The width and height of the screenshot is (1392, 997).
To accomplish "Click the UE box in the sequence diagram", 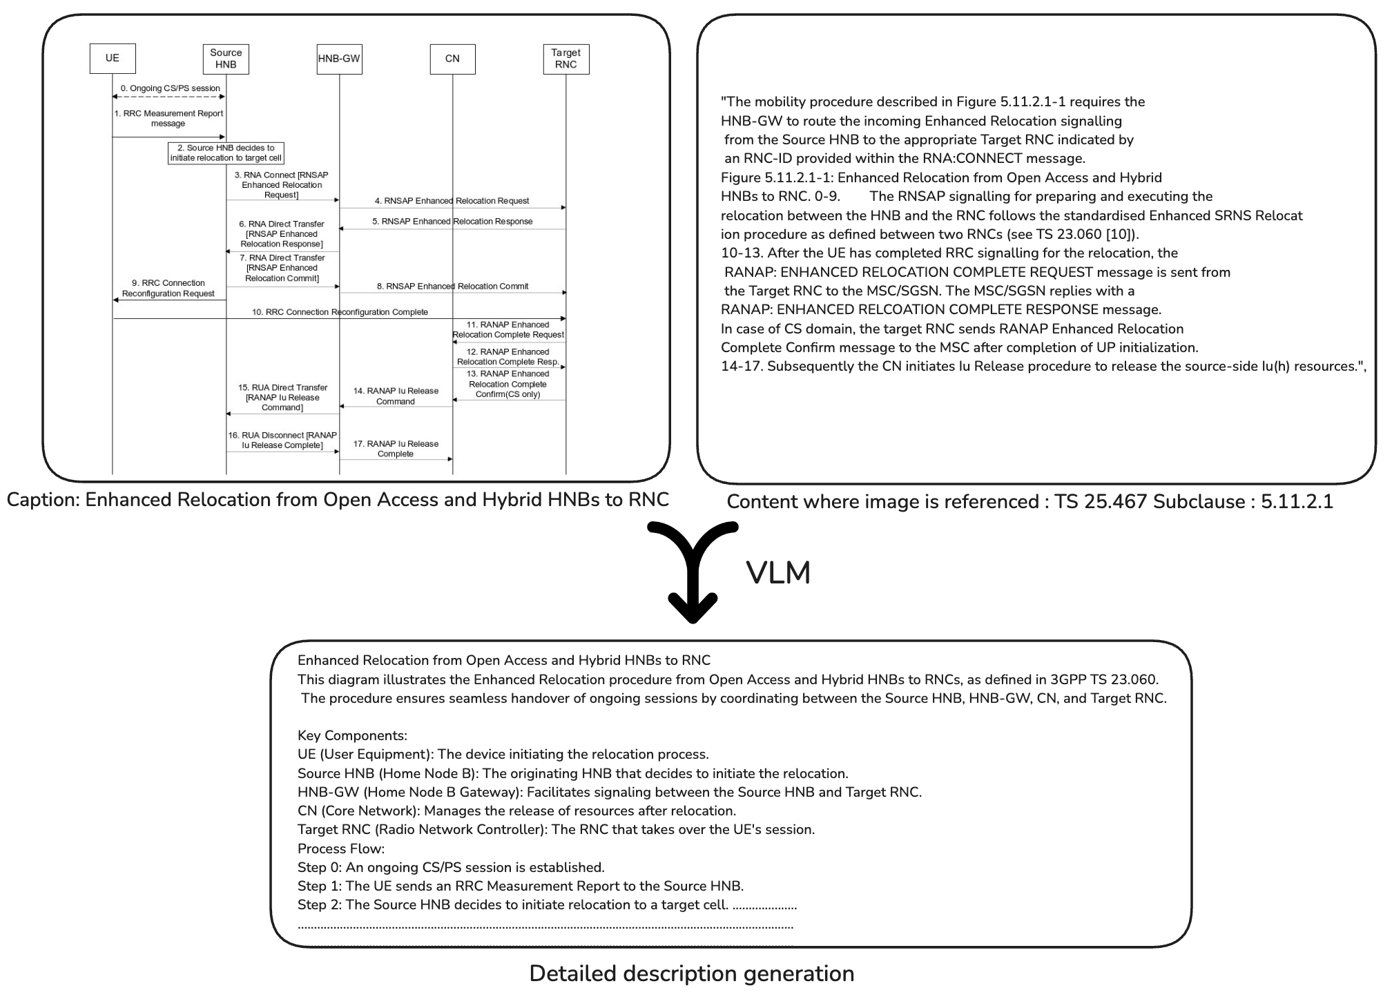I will [113, 59].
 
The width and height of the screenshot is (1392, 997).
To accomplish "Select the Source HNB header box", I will [226, 59].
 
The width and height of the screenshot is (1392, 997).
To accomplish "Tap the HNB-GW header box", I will [339, 59].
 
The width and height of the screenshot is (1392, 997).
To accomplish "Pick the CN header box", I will [452, 59].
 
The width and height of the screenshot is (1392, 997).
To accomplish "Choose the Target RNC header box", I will [565, 59].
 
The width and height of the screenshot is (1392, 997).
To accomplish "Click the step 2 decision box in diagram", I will [226, 153].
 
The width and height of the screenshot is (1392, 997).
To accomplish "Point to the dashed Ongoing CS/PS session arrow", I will [169, 97].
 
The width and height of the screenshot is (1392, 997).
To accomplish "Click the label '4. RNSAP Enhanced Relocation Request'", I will [452, 201].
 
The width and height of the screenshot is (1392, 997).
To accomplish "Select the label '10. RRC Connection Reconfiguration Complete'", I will [340, 312].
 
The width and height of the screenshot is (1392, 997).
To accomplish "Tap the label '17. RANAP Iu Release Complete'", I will [396, 449].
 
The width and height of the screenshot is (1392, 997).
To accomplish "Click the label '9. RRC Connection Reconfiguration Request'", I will [168, 288].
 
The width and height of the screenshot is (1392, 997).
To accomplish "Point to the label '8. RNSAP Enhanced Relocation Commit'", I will [452, 286].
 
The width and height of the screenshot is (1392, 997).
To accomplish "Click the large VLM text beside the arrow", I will [778, 573].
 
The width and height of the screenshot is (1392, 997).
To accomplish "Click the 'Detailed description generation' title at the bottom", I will [691, 974].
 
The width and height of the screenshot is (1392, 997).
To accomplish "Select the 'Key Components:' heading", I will [352, 735].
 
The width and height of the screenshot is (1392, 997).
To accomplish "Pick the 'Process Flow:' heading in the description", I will [340, 849].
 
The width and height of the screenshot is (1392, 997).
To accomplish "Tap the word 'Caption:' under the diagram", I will [43, 500].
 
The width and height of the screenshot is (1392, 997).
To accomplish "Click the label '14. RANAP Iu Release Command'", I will [396, 396].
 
